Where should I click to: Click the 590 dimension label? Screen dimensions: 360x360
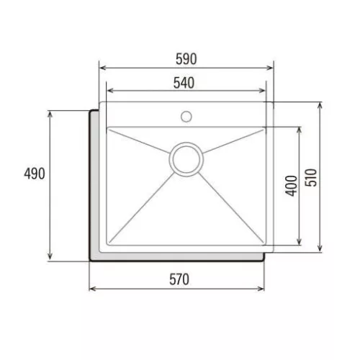[x=186, y=59]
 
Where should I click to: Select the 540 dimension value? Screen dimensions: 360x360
[x=184, y=83]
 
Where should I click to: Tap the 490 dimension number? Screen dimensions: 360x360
[x=35, y=174]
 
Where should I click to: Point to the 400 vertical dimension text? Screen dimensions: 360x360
[x=291, y=186]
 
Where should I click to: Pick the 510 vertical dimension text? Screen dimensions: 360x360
[x=311, y=178]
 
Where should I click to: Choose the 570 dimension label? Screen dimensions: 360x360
[x=179, y=279]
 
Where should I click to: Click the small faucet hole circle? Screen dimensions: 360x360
[x=186, y=117]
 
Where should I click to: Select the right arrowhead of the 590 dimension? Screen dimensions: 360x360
[x=270, y=68]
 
